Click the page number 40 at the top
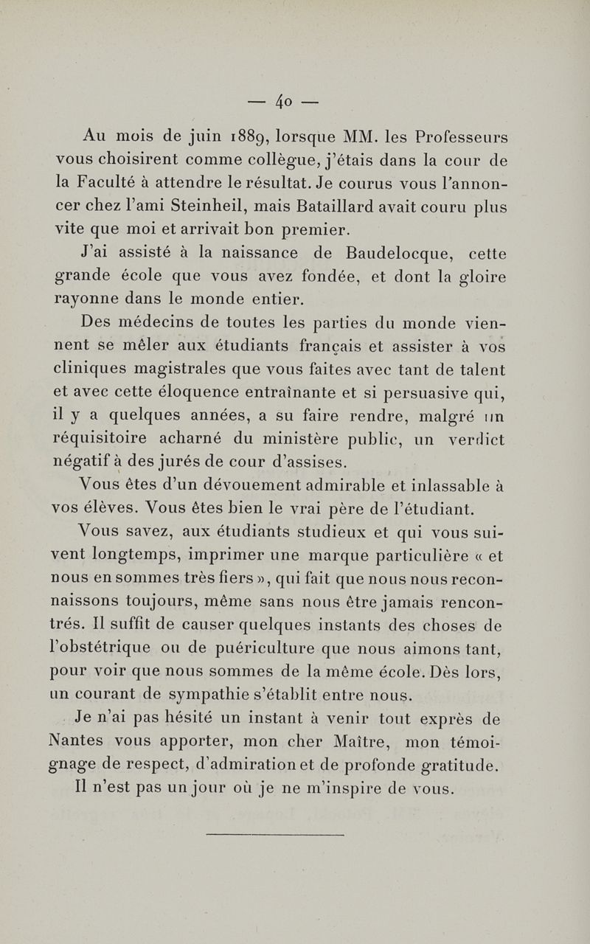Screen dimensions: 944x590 [294, 98]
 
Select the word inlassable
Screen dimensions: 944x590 [444, 486]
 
